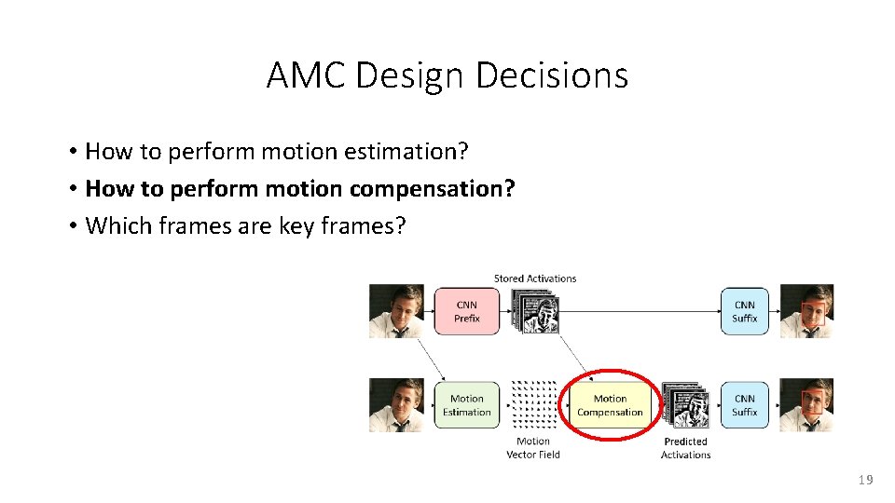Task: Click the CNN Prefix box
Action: click(467, 311)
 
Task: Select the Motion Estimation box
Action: click(467, 405)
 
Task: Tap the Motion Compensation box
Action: click(610, 405)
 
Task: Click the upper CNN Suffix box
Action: click(744, 311)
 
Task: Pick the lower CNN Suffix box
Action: click(744, 405)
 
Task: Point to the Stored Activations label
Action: click(535, 278)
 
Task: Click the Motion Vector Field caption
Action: click(532, 448)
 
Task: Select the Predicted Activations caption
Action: click(685, 448)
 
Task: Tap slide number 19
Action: click(865, 480)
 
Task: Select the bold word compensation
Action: click(432, 189)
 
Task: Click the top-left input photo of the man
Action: click(396, 311)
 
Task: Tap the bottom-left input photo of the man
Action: click(396, 405)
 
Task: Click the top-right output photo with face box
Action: click(806, 311)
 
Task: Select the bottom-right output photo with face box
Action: click(806, 405)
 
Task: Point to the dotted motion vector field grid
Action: click(534, 404)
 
